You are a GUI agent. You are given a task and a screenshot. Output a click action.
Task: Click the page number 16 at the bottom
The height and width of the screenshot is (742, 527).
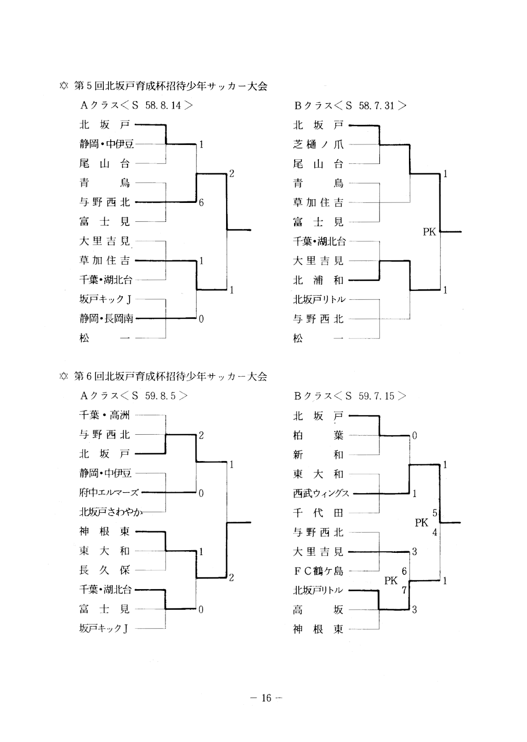tap(266, 698)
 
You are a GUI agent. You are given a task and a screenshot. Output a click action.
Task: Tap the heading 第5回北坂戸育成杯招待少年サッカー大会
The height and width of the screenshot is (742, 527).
tap(170, 85)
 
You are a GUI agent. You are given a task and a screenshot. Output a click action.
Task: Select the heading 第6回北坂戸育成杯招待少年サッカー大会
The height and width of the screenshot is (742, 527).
tap(170, 376)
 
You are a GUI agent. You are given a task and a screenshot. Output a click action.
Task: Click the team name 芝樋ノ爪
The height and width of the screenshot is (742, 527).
tap(318, 144)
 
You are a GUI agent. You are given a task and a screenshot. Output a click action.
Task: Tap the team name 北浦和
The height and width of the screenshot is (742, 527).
tap(318, 280)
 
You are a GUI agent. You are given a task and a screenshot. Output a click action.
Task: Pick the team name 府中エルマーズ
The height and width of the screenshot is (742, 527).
tap(109, 493)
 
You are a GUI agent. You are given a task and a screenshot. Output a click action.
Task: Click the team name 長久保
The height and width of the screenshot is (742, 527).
tap(104, 570)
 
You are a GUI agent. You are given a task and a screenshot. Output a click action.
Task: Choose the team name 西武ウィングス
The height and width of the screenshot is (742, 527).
tap(321, 494)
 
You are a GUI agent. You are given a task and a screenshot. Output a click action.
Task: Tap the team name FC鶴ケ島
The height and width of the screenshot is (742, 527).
tap(318, 571)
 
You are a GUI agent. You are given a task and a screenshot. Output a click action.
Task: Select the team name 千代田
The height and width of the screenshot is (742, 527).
tap(318, 513)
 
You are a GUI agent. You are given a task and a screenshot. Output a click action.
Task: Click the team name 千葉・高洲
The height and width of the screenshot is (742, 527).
tap(104, 415)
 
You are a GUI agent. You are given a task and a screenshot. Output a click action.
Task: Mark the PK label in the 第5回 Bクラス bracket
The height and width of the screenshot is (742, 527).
tap(430, 231)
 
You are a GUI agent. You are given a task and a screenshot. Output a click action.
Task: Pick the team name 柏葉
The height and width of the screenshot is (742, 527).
tap(318, 435)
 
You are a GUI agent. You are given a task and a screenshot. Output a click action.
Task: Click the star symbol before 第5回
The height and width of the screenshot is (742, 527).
tap(64, 86)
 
